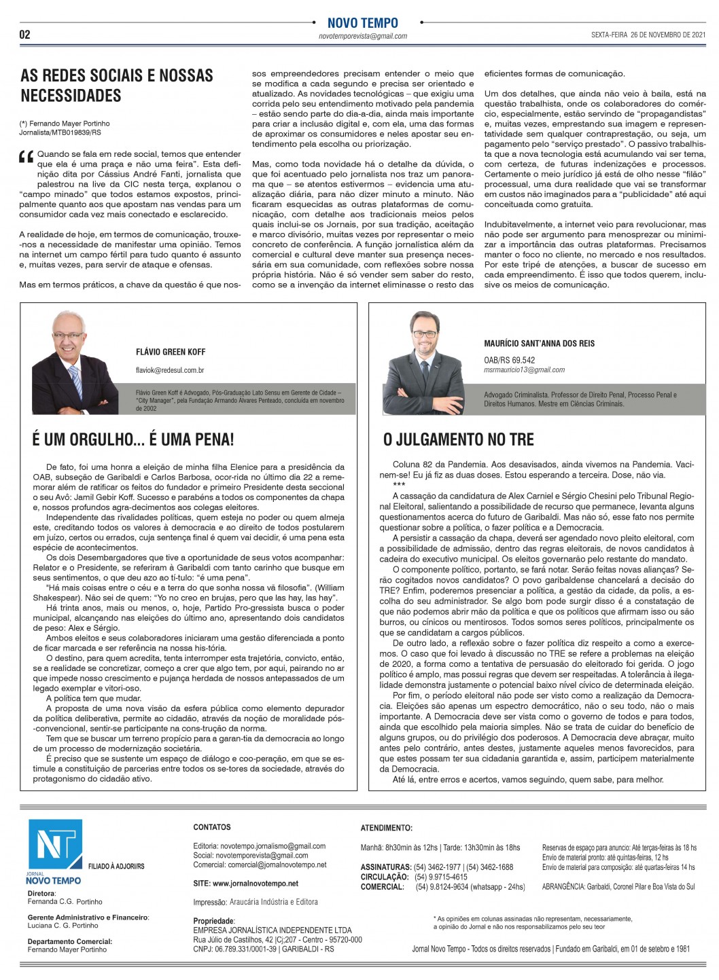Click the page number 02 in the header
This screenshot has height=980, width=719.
point(24,35)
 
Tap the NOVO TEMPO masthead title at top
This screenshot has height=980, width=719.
point(362,23)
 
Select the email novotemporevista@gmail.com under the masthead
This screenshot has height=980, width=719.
point(363,37)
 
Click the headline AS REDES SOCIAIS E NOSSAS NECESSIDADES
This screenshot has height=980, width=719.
point(117,85)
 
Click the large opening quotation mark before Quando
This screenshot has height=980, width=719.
point(27,158)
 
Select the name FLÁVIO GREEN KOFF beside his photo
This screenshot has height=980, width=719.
point(171,352)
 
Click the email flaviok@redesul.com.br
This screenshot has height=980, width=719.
point(170,370)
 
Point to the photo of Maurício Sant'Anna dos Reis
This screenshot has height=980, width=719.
point(422,363)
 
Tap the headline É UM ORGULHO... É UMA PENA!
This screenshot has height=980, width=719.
point(133,439)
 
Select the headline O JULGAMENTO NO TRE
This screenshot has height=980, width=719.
point(459,439)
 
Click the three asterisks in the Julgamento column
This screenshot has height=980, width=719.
point(399,485)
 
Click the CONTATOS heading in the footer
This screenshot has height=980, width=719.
point(212,827)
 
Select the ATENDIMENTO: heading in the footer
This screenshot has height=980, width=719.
point(386,828)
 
